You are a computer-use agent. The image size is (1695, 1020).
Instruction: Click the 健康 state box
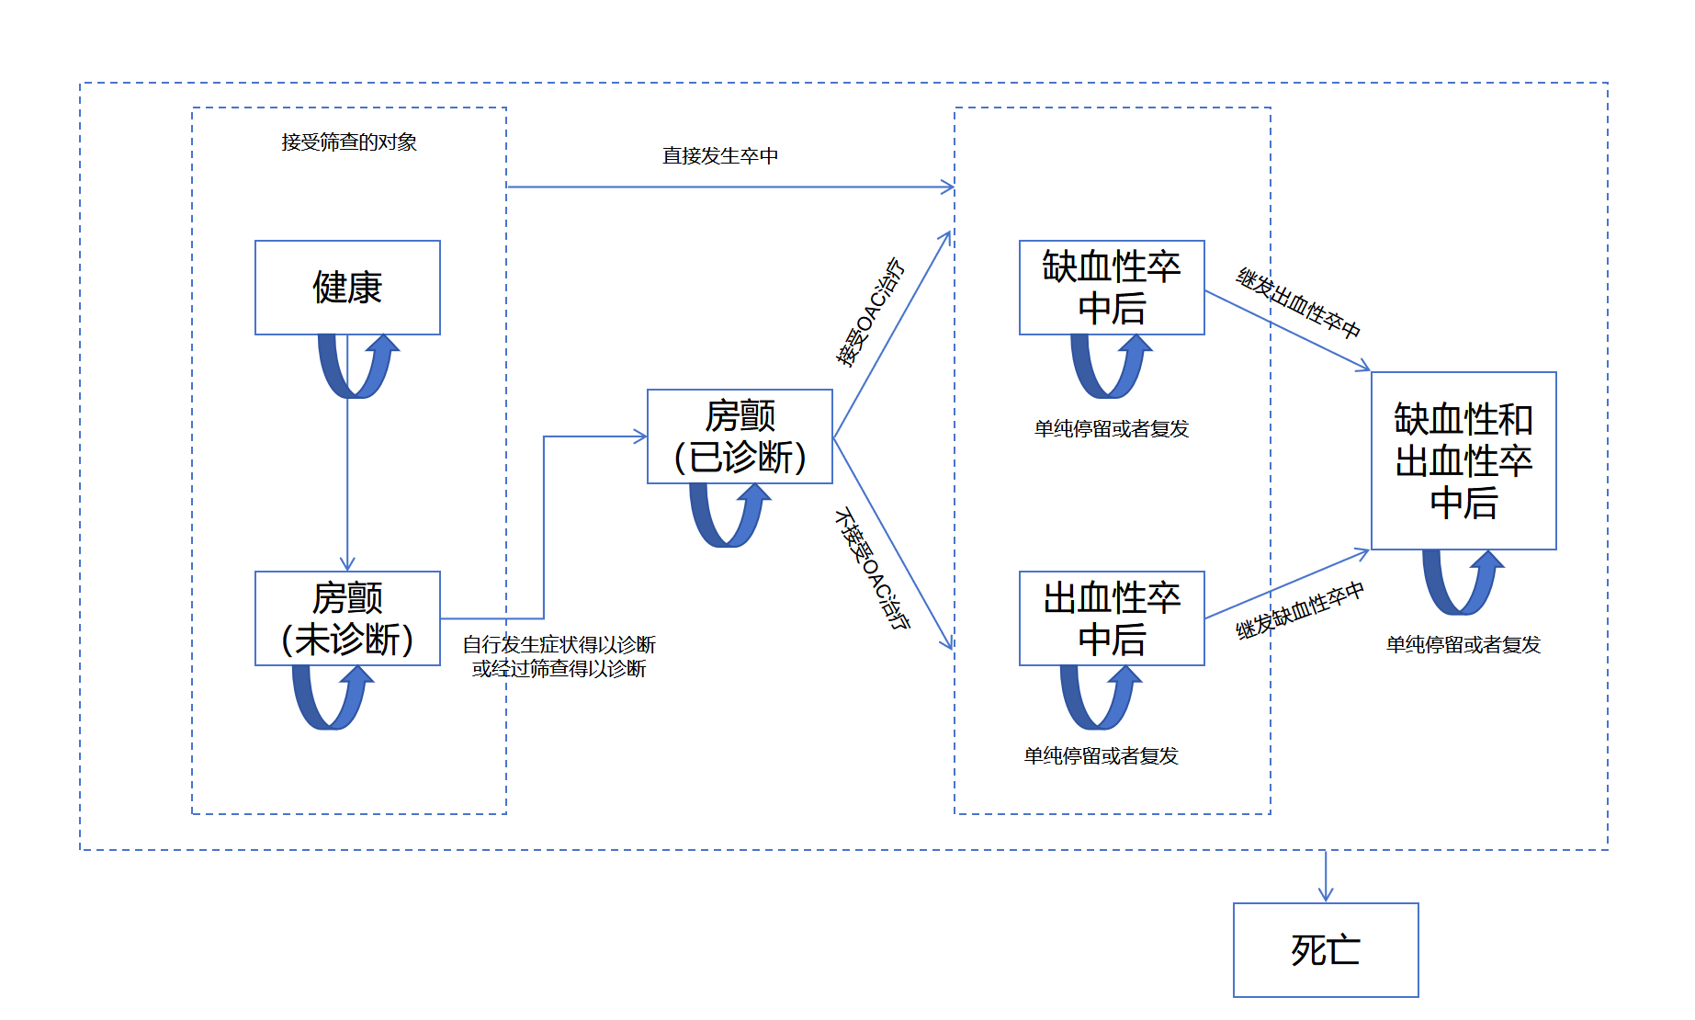347,288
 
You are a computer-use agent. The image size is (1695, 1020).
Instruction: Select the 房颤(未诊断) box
347,618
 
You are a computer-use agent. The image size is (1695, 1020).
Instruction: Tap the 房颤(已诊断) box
740,436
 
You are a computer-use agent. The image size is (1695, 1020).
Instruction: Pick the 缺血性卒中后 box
1112,288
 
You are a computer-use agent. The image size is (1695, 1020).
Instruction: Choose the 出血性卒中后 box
1112,618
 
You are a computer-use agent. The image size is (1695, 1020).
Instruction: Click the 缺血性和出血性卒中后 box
1463,460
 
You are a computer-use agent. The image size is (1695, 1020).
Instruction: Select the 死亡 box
1326,950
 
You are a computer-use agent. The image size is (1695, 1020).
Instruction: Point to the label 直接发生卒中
720,155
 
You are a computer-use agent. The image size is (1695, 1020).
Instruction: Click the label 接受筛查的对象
349,142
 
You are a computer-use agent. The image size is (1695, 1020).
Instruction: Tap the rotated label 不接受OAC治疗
872,569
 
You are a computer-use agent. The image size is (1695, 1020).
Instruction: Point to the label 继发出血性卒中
1299,303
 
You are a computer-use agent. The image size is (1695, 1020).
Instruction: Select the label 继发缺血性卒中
1300,611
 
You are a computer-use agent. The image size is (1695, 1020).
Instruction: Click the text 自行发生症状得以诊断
559,644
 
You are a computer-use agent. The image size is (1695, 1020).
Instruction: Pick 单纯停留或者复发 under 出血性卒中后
1101,755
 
